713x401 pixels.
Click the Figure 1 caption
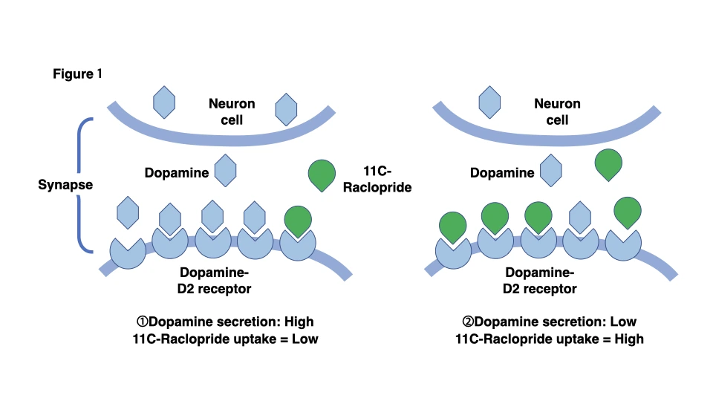pyautogui.click(x=77, y=74)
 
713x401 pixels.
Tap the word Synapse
pyautogui.click(x=65, y=184)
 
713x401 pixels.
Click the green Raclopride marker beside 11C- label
pyautogui.click(x=322, y=175)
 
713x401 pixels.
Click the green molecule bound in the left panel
pyautogui.click(x=297, y=221)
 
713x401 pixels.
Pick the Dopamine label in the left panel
pyautogui.click(x=178, y=172)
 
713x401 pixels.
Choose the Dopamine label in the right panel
pyautogui.click(x=502, y=172)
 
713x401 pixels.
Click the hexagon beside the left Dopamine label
pyautogui.click(x=225, y=170)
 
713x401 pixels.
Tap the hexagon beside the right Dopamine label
pyautogui.click(x=550, y=170)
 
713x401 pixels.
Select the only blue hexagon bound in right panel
pyautogui.click(x=580, y=216)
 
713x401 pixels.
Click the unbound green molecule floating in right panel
pyautogui.click(x=609, y=166)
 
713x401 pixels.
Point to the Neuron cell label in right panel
pyautogui.click(x=557, y=111)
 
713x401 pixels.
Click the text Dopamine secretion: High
pyautogui.click(x=224, y=322)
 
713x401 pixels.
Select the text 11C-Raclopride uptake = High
pyautogui.click(x=549, y=339)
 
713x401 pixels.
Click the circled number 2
pyautogui.click(x=467, y=322)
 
